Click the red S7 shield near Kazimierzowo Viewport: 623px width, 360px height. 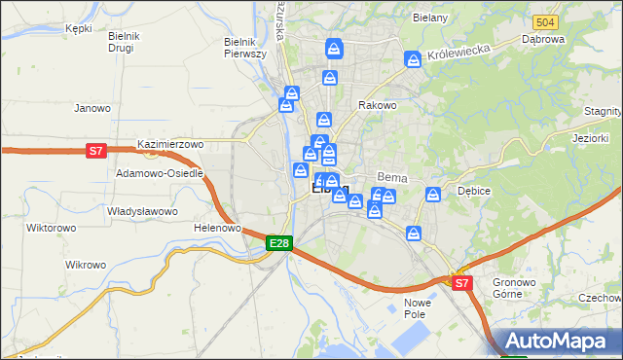click(95, 151)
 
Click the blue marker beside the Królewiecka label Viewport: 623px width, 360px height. click(414, 60)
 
